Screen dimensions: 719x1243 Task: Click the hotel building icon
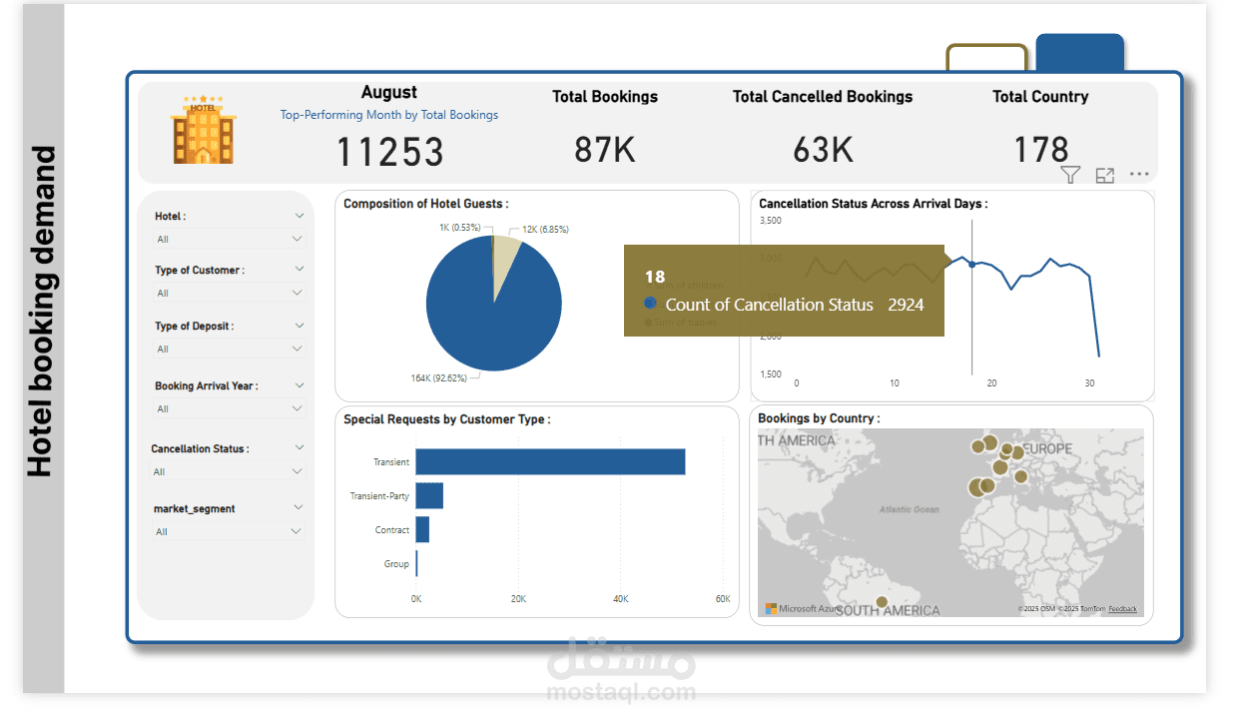pyautogui.click(x=203, y=130)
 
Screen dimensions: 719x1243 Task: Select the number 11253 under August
pyautogui.click(x=389, y=152)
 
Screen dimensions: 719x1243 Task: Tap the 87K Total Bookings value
pyautogui.click(x=605, y=150)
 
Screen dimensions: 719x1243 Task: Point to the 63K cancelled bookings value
pyautogui.click(x=823, y=150)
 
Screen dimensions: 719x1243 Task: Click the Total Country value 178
pyautogui.click(x=1040, y=150)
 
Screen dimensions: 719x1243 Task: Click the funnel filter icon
pyautogui.click(x=1070, y=176)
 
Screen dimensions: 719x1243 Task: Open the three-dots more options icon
pyautogui.click(x=1139, y=175)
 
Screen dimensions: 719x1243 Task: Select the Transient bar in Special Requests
pyautogui.click(x=550, y=462)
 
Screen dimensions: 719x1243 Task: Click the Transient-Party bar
pyautogui.click(x=429, y=496)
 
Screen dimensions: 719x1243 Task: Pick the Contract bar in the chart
pyautogui.click(x=422, y=530)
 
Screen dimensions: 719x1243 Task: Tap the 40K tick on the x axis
pyautogui.click(x=620, y=599)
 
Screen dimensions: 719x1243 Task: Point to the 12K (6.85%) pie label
pyautogui.click(x=545, y=230)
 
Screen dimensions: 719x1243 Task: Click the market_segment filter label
pyautogui.click(x=195, y=509)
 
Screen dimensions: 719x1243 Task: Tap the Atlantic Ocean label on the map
pyautogui.click(x=910, y=509)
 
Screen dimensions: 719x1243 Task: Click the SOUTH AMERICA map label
pyautogui.click(x=888, y=610)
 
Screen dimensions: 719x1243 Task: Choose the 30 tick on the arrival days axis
pyautogui.click(x=1089, y=382)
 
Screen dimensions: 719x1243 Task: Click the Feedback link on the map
pyautogui.click(x=1122, y=609)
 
